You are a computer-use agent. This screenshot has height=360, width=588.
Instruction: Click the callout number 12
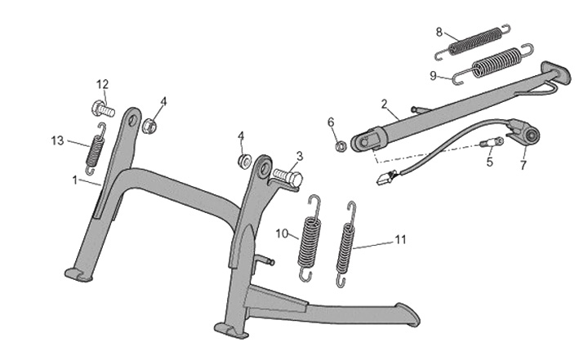point(102,84)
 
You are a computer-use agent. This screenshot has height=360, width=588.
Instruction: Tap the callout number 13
point(57,140)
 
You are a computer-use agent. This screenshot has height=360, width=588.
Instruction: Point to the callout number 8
point(439,33)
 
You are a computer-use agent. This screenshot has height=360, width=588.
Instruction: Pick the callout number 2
point(384,104)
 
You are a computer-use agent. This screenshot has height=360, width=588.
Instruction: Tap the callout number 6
point(332,122)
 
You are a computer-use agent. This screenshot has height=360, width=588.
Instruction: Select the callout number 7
point(523,165)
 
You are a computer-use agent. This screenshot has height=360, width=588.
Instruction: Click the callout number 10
point(281,233)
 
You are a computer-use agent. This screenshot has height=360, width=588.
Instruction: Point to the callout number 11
point(400,239)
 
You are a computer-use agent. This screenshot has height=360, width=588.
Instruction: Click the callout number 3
point(300,155)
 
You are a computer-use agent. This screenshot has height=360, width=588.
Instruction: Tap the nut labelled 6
point(338,147)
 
